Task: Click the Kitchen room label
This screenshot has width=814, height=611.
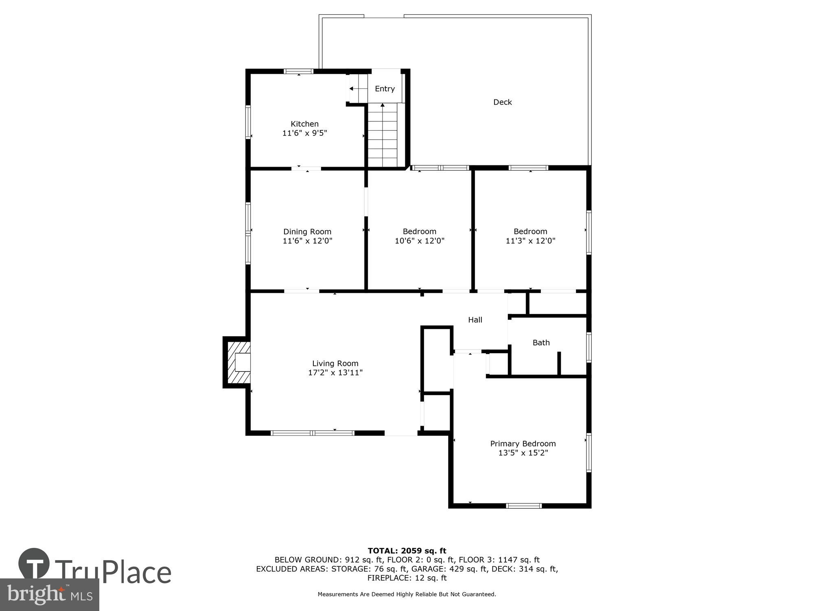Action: click(x=304, y=124)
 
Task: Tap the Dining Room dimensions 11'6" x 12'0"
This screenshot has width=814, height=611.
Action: click(x=307, y=241)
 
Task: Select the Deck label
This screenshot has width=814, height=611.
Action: click(x=502, y=102)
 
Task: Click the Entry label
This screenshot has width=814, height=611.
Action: click(x=385, y=89)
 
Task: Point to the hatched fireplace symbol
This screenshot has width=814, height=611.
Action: click(x=239, y=363)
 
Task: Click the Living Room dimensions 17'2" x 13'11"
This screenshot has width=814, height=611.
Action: click(x=335, y=373)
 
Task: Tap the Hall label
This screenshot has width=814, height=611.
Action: click(x=475, y=320)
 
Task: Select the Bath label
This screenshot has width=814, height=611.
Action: click(x=541, y=343)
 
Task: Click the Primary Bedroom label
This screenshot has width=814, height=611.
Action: click(x=523, y=444)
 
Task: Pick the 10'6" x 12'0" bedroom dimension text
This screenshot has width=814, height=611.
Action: click(x=419, y=241)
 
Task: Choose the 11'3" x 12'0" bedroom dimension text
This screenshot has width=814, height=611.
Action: click(x=530, y=241)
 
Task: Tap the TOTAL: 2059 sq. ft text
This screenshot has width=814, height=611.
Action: click(x=407, y=551)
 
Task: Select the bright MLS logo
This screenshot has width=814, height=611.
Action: click(x=49, y=595)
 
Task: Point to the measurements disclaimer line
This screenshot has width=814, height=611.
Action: click(x=407, y=594)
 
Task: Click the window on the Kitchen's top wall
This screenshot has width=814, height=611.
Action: click(x=298, y=71)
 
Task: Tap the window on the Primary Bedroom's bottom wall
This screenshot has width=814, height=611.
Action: click(x=524, y=506)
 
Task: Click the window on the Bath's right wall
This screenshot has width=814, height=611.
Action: click(x=589, y=347)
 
